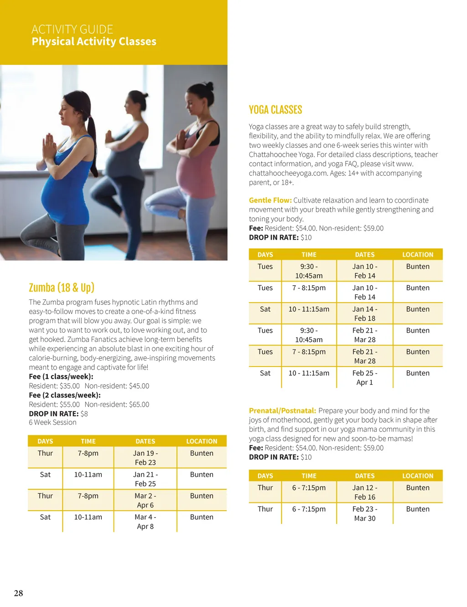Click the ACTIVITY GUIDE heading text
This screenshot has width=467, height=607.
point(72,30)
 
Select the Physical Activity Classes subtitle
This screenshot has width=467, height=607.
point(94,42)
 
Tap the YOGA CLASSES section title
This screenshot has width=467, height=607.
point(275,110)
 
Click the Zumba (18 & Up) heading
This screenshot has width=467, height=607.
point(62,288)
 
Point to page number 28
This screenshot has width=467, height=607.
point(18,593)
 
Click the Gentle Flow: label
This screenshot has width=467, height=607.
point(270,200)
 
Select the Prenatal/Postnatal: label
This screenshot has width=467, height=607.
point(282,411)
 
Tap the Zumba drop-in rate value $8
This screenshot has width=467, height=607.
point(84,414)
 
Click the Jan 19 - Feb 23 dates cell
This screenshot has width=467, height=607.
point(145,458)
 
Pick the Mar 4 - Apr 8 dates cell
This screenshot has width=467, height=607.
point(145,522)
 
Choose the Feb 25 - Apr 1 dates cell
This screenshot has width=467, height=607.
point(364,377)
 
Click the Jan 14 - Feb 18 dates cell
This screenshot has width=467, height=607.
point(364,314)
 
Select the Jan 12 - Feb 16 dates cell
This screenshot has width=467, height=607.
point(364,492)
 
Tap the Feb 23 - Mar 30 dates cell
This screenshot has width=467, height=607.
point(364,513)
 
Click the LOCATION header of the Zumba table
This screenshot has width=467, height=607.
point(202,441)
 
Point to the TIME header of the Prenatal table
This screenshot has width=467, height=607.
point(309,476)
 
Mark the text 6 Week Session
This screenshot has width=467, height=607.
point(52,423)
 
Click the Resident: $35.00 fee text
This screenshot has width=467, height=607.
point(54,386)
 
